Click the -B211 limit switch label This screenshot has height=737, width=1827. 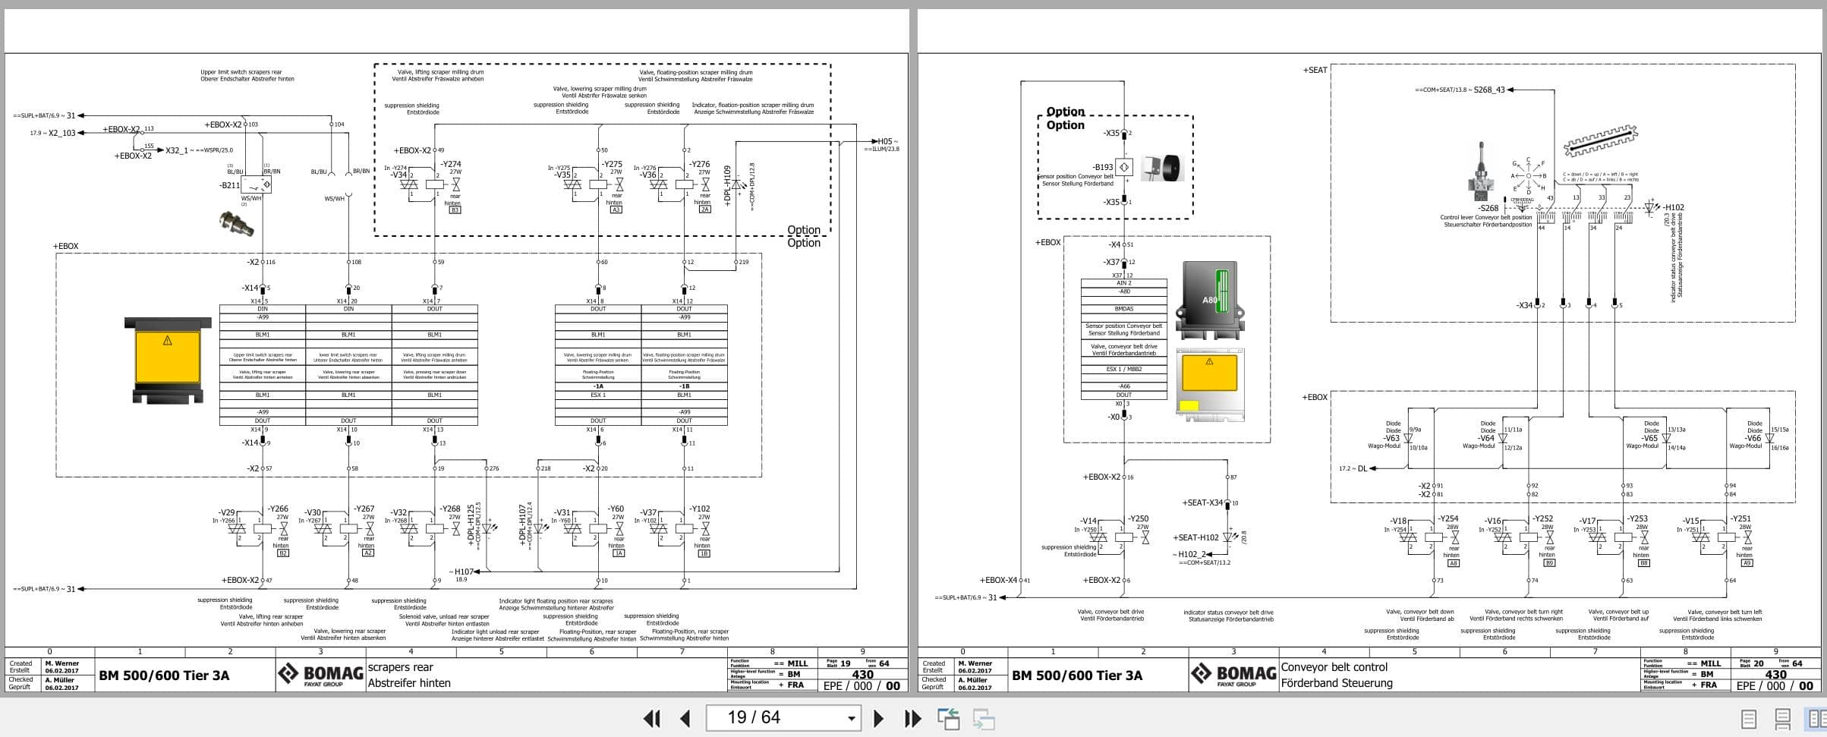[229, 185]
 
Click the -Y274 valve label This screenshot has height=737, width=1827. [452, 164]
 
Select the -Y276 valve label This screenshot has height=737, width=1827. [699, 164]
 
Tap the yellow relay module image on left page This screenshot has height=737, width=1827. [168, 360]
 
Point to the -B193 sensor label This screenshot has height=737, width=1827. [1103, 167]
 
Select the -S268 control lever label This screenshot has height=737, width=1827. [1488, 208]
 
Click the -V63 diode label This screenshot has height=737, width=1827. [1391, 439]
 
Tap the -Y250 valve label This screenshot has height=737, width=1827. [1138, 518]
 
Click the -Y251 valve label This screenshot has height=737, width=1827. [1740, 519]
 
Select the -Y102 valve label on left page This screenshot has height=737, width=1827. [699, 509]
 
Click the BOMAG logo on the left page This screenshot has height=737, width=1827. [320, 674]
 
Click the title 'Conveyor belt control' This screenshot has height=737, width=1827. [1334, 667]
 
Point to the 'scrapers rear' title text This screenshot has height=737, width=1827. [400, 667]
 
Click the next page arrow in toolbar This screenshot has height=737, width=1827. [878, 718]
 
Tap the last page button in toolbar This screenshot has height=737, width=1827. [912, 718]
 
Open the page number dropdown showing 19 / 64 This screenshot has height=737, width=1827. [851, 718]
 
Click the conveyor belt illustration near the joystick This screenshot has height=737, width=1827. [1599, 140]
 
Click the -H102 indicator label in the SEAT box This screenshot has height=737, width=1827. [1674, 207]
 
